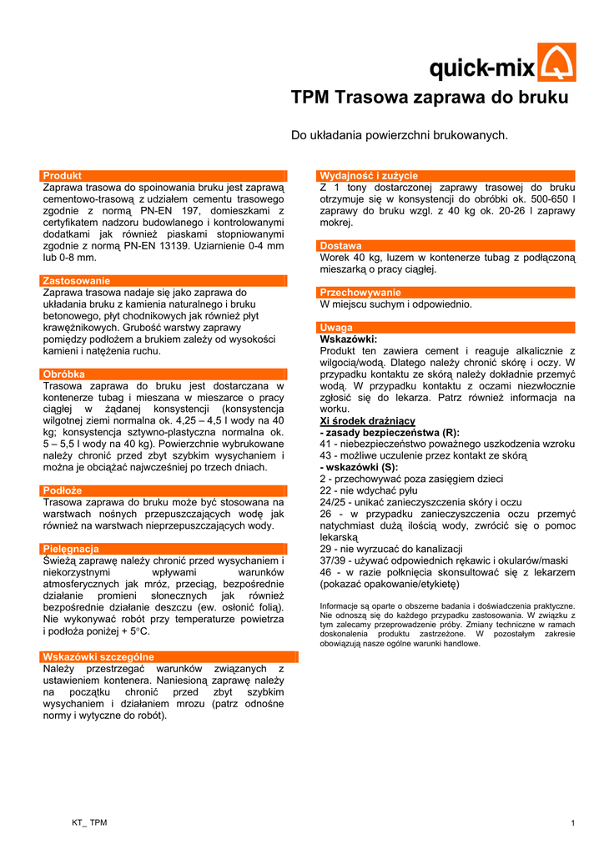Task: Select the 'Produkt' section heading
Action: tap(63, 176)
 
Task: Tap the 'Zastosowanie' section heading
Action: tap(77, 281)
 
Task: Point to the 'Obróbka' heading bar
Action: tap(64, 374)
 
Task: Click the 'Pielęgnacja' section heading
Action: tap(71, 549)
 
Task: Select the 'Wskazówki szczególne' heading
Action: tap(98, 656)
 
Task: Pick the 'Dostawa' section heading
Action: tap(341, 246)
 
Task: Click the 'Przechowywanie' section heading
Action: tap(360, 293)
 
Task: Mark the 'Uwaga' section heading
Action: tap(337, 328)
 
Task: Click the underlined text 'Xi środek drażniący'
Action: tap(368, 421)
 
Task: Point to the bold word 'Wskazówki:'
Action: tap(349, 339)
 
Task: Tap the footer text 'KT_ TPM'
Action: tap(89, 823)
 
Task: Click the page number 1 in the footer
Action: tap(573, 824)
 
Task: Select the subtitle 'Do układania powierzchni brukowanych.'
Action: tap(399, 135)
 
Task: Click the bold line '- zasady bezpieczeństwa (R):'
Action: tap(390, 433)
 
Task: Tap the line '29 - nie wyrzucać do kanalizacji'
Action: tap(391, 549)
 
